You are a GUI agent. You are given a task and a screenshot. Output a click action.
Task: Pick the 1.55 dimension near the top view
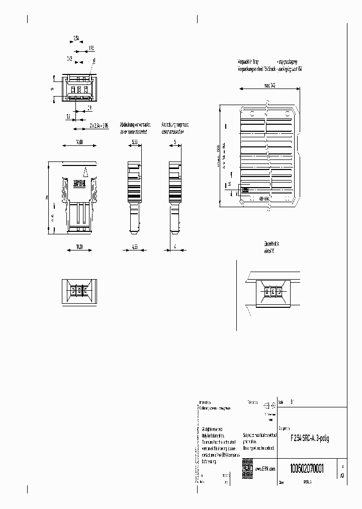pos(91,48)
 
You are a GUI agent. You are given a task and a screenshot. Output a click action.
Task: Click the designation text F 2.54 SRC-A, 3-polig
pos(310,439)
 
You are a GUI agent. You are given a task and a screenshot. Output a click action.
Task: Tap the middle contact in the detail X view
pos(272,292)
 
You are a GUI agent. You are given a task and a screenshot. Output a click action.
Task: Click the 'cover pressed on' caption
pos(172,132)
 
